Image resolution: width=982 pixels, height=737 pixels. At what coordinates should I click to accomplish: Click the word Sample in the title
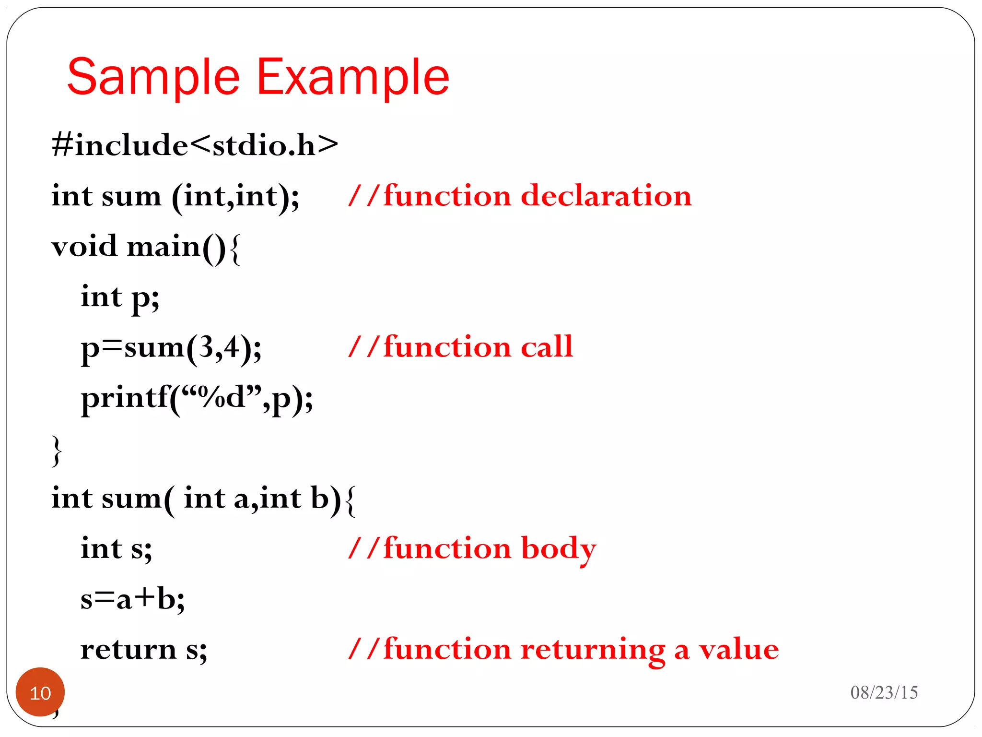(153, 77)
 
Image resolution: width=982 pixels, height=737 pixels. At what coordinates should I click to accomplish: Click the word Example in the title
(353, 77)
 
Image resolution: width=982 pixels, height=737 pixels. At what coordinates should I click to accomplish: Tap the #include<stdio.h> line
(195, 145)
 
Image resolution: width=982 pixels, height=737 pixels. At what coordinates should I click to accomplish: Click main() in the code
(176, 247)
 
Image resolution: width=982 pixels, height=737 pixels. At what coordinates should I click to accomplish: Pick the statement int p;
(120, 297)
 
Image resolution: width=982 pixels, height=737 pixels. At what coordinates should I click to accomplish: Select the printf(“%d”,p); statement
(197, 398)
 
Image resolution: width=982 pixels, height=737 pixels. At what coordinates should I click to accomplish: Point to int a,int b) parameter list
(262, 499)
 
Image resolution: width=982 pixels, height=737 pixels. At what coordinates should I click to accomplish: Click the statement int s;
(116, 549)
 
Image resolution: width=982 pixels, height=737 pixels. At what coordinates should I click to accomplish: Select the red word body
(559, 549)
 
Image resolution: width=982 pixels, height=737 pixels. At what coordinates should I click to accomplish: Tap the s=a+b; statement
(132, 599)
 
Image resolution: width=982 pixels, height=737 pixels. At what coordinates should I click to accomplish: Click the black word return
(129, 650)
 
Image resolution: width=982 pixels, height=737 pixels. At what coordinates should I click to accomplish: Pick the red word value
(739, 650)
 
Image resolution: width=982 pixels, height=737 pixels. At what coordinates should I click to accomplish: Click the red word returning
(593, 650)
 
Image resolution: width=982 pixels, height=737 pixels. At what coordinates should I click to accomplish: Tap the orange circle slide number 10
(40, 692)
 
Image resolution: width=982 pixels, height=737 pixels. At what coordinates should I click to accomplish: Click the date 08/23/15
(884, 692)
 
